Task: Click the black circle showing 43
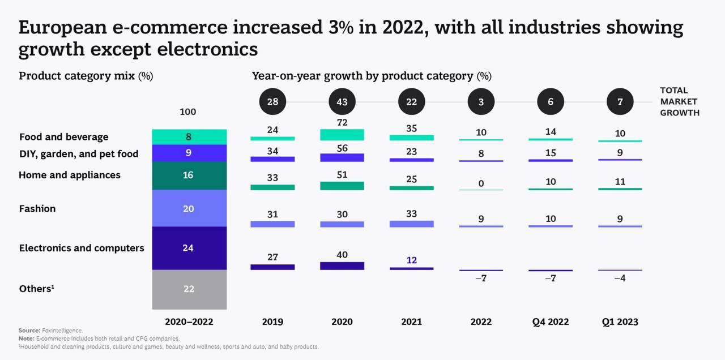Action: [x=342, y=102]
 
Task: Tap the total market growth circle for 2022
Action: [x=481, y=102]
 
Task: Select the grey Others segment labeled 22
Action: [x=189, y=289]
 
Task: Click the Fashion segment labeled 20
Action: [x=189, y=208]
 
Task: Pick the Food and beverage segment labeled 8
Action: [x=189, y=136]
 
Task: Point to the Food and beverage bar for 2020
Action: [x=342, y=135]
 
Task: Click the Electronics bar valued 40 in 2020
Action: [x=342, y=265]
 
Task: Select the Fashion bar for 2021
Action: [x=412, y=224]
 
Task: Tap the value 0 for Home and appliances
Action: [x=481, y=183]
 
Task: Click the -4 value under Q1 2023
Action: [x=620, y=278]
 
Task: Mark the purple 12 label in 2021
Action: [x=412, y=260]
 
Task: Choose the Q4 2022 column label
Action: [x=551, y=322]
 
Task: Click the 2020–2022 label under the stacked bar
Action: [x=189, y=322]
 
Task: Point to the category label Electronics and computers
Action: [x=82, y=248]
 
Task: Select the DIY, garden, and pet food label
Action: [x=79, y=154]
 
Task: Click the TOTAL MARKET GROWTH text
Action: [x=679, y=101]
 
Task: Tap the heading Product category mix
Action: [x=86, y=76]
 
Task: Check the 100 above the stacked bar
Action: [x=188, y=112]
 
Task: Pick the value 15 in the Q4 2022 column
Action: [x=551, y=153]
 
